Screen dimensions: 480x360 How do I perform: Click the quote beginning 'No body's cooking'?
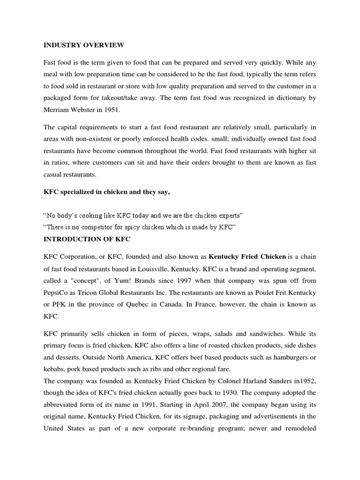(143, 216)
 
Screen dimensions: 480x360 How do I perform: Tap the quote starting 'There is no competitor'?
(139, 227)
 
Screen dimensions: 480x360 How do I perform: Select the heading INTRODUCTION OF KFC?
(87, 240)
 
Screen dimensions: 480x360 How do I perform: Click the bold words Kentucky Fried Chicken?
(247, 256)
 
